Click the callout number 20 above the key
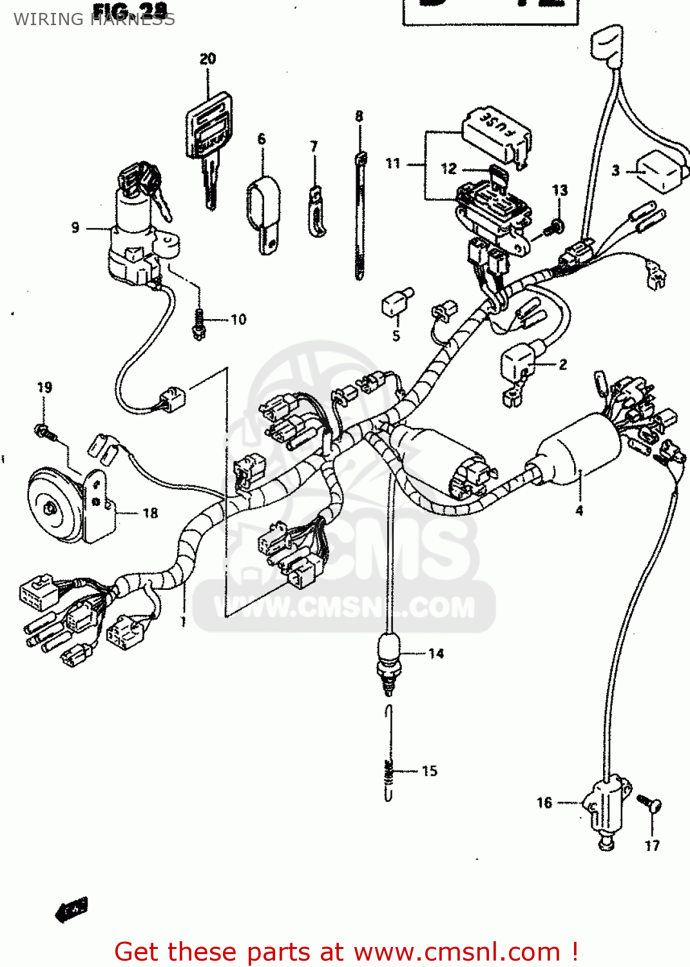pos(207,59)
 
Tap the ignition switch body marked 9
pos(135,232)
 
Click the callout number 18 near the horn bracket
pos(150,513)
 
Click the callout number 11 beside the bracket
pos(393,164)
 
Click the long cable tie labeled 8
pos(359,213)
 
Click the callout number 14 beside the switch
pos(436,654)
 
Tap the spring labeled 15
pos(388,754)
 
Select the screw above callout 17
pos(647,802)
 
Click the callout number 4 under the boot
pos(579,511)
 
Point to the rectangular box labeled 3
pos(658,170)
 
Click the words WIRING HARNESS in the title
pos(94,19)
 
